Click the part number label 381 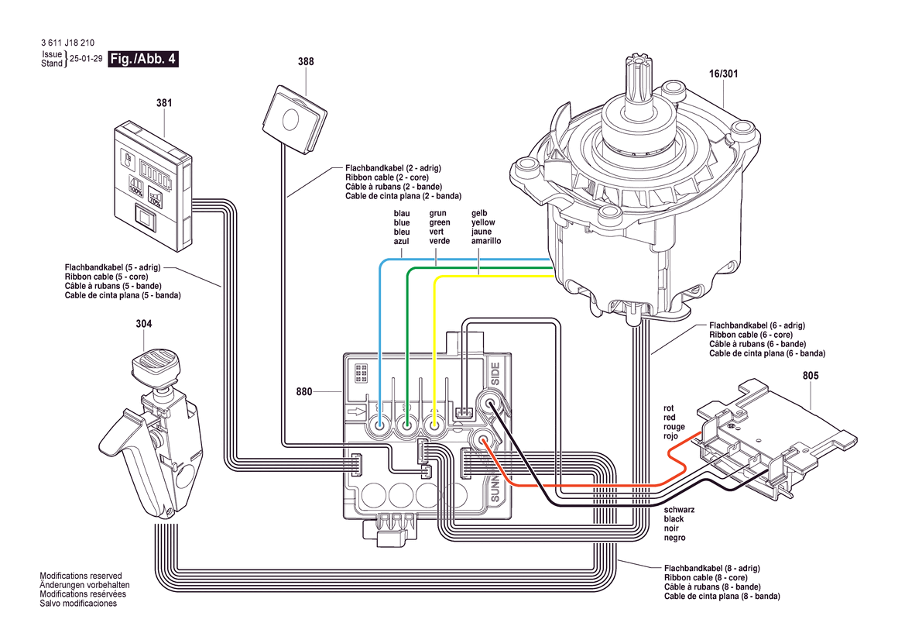164,102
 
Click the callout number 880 304,392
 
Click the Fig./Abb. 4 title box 144,59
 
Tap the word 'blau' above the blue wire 401,214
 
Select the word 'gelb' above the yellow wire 480,214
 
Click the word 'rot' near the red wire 669,408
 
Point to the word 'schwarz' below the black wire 679,510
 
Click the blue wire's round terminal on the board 380,425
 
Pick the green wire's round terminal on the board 407,425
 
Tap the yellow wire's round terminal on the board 435,425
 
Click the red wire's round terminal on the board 483,442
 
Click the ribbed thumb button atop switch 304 153,363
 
